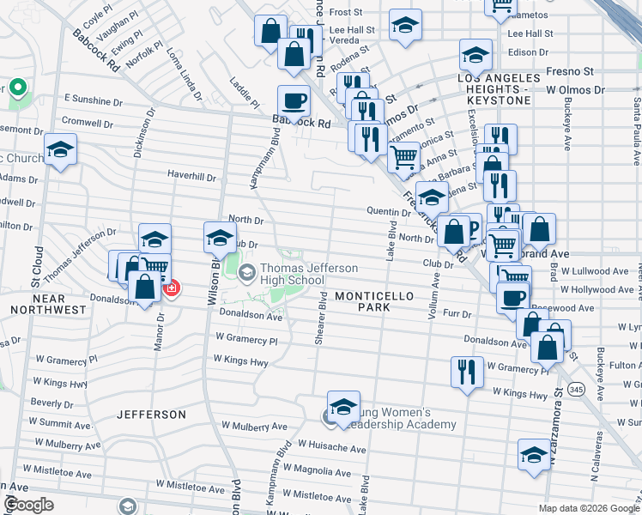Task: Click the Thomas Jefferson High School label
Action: point(292,274)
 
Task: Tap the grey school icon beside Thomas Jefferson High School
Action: point(247,274)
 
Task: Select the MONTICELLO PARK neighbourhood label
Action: point(374,300)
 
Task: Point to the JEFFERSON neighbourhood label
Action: point(152,415)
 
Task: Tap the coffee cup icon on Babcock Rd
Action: point(294,100)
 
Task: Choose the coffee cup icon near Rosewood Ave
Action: point(513,297)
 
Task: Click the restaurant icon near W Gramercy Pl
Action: point(466,371)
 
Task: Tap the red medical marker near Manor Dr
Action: point(171,288)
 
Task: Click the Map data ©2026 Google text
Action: point(589,508)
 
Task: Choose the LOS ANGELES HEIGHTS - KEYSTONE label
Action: point(501,89)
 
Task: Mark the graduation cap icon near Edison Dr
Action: point(475,55)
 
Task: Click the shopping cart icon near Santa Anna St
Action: point(403,156)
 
